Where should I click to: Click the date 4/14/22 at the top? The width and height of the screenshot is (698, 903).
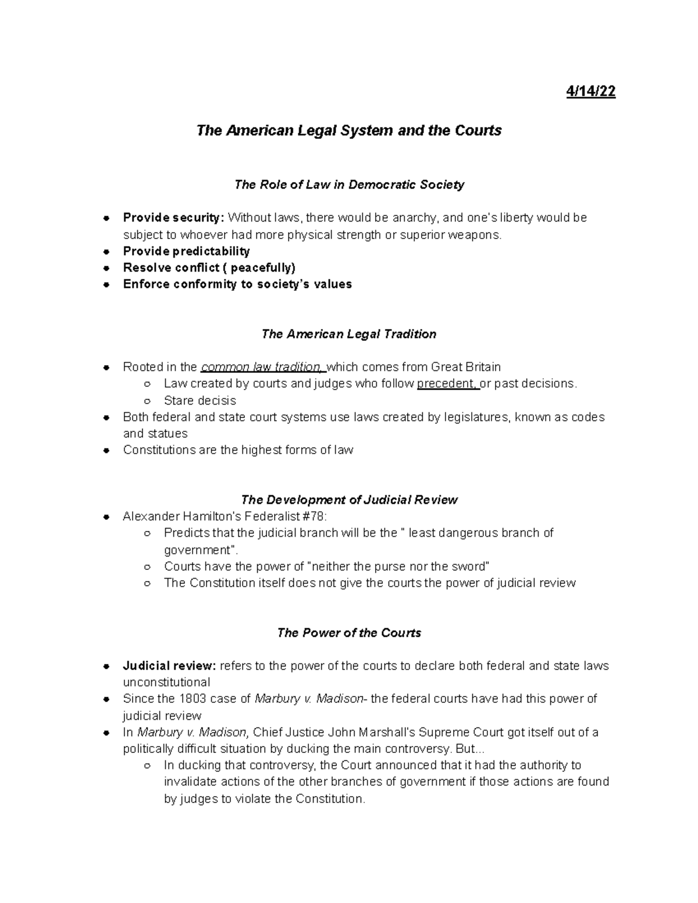[x=590, y=92]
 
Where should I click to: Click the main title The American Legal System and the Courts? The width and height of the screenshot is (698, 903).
[x=349, y=130]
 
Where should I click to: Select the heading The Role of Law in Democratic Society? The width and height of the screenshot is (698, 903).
[x=349, y=185]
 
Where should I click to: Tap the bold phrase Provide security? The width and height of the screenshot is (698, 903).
[x=173, y=218]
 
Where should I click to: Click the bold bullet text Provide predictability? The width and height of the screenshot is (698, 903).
[x=186, y=251]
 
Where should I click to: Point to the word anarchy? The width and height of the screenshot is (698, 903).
[x=415, y=218]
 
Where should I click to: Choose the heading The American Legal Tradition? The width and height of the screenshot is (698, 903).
[x=349, y=334]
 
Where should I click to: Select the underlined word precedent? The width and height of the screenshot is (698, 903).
[x=447, y=384]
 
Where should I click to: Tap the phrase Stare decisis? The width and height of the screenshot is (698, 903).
[x=200, y=401]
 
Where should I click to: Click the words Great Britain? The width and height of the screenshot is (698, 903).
[x=465, y=367]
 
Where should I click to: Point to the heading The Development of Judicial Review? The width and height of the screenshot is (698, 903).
[x=349, y=500]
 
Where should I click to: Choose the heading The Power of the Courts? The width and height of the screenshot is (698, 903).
[x=349, y=633]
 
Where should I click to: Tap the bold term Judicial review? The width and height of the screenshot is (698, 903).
[x=169, y=666]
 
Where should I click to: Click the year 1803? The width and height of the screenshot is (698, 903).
[x=191, y=699]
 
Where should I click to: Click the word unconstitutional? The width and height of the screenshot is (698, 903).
[x=166, y=682]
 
